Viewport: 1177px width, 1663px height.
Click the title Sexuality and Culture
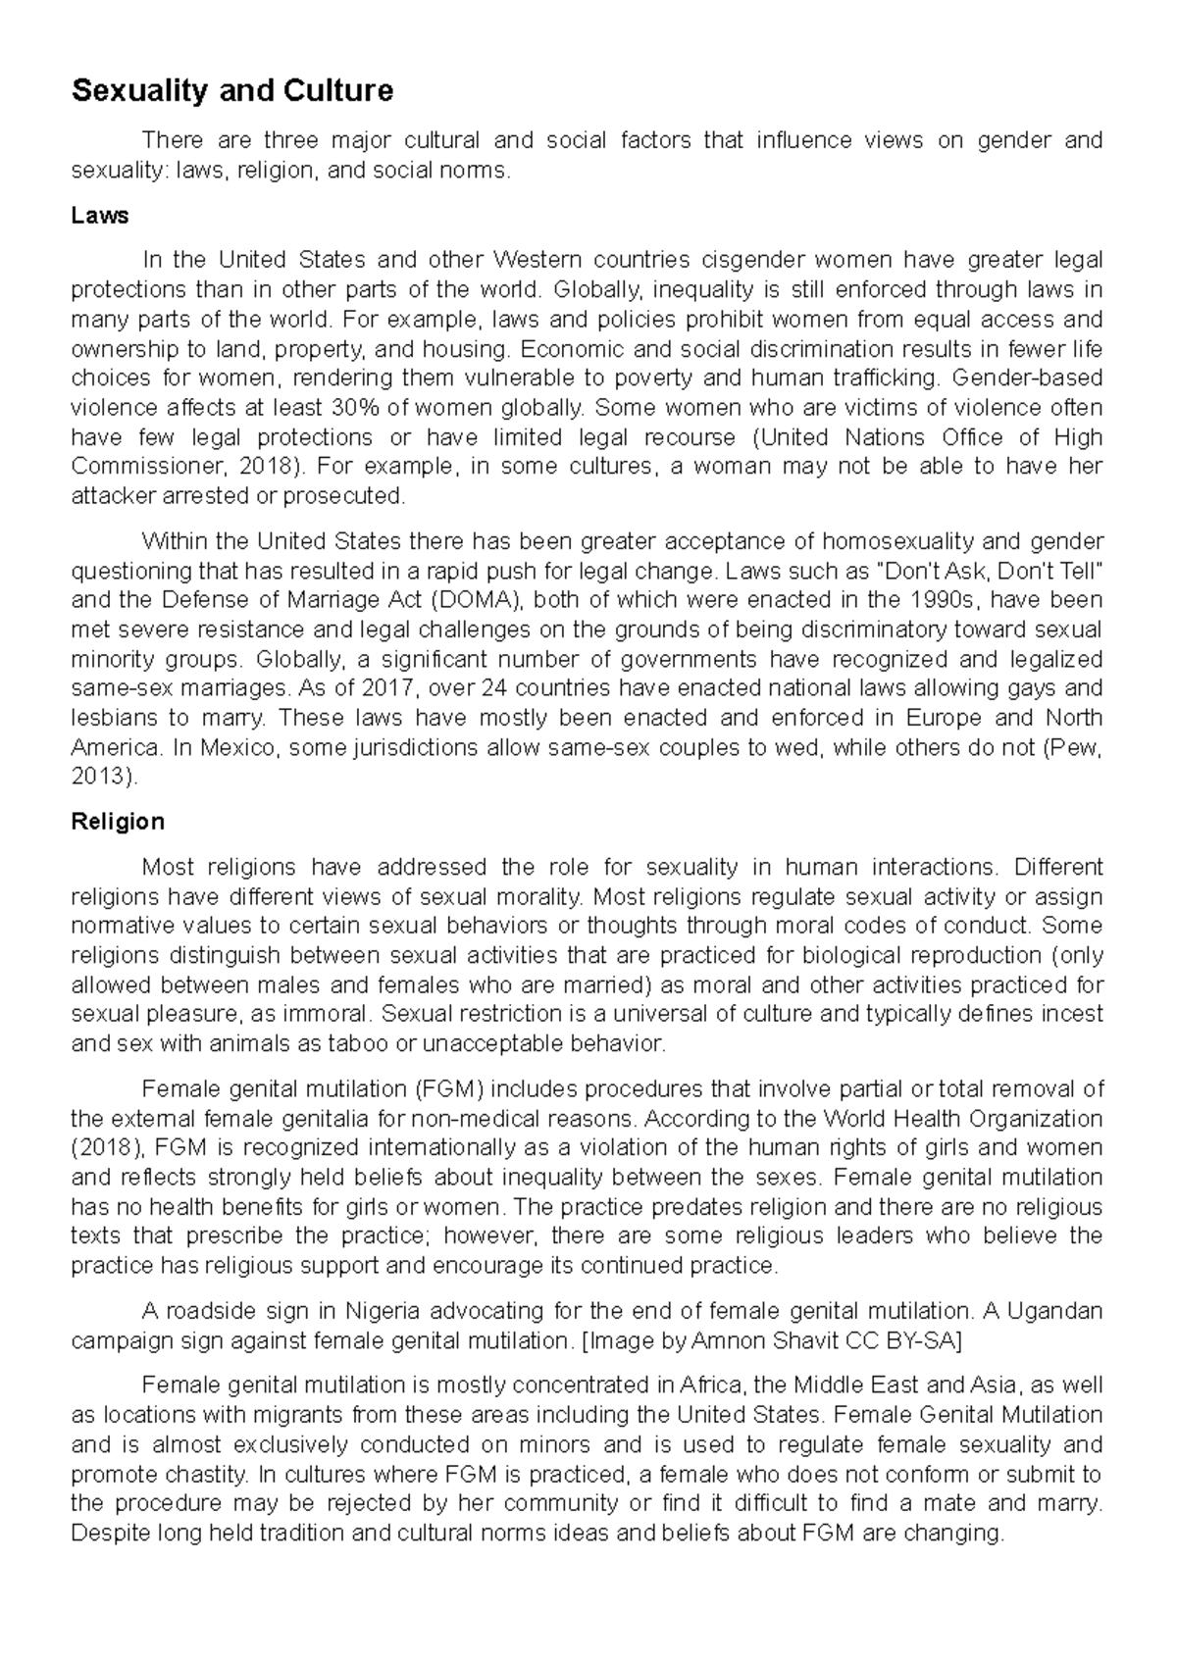point(232,91)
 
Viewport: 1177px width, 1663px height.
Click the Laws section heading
point(100,215)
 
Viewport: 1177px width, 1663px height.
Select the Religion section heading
point(118,821)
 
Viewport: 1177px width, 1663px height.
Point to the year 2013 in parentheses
point(101,777)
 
